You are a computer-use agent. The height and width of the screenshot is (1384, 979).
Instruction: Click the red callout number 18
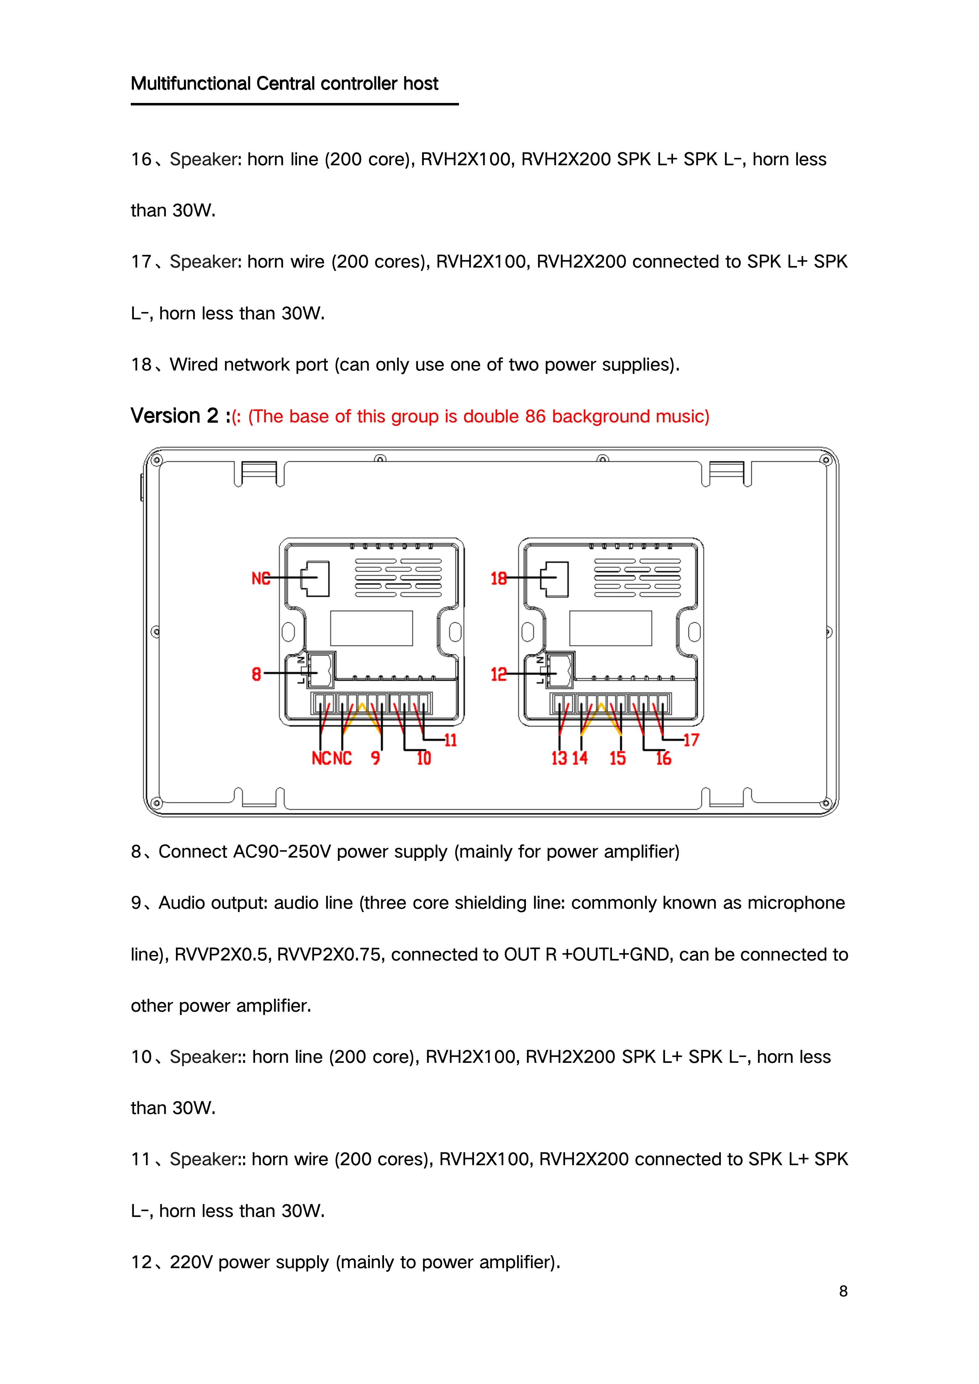[x=498, y=579]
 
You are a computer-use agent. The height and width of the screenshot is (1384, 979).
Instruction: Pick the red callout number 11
[x=451, y=740]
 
